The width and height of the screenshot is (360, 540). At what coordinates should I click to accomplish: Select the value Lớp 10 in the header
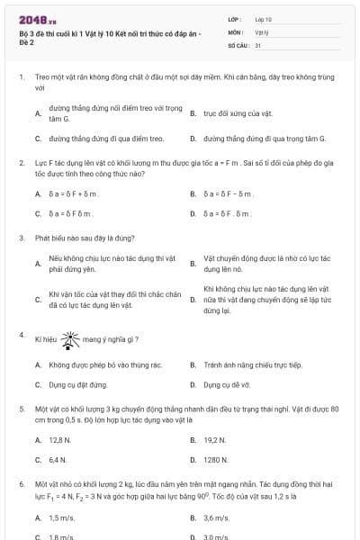click(264, 18)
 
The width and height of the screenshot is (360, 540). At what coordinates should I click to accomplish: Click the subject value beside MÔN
click(262, 31)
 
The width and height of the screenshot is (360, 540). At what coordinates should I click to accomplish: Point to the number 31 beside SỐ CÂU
click(258, 43)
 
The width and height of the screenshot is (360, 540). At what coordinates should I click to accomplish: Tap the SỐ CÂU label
click(237, 43)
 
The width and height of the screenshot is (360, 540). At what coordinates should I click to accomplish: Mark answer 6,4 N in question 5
click(58, 459)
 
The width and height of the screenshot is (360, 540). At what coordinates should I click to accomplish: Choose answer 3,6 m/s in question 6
click(217, 518)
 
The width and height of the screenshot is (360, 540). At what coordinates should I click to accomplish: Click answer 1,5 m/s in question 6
click(61, 518)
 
